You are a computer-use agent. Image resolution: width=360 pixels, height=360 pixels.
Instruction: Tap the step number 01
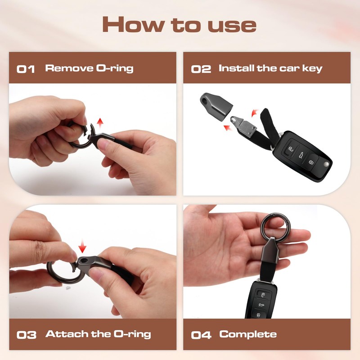click(26, 69)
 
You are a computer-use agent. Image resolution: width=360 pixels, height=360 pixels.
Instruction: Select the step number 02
click(201, 69)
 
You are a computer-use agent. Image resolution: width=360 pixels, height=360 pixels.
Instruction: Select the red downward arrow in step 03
click(82, 247)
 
